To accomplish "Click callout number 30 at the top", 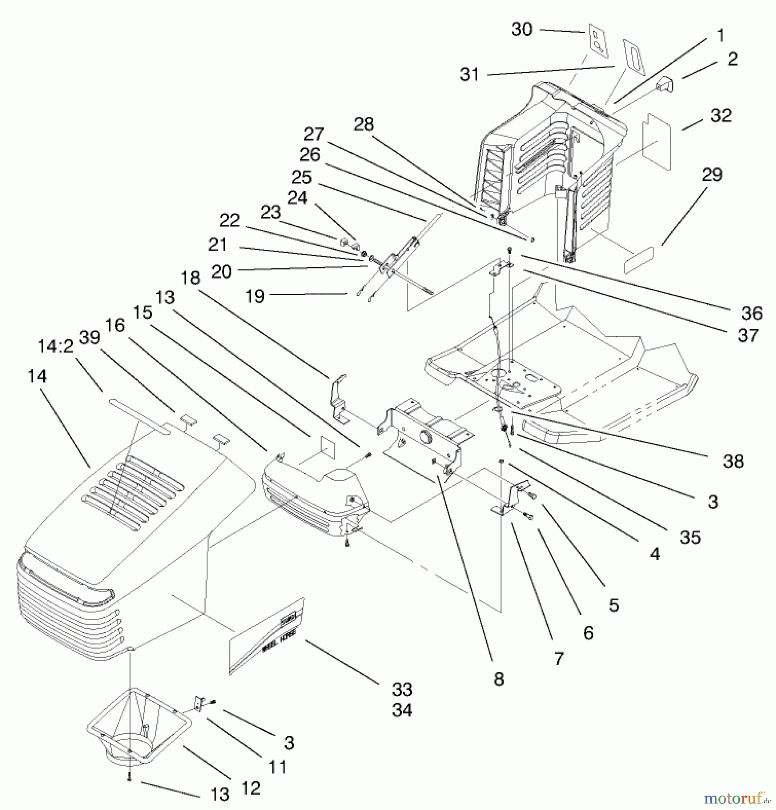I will tap(522, 30).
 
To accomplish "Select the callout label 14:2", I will tap(55, 346).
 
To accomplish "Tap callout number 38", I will tap(733, 461).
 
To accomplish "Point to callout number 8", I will tap(498, 679).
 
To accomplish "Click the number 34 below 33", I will tap(402, 710).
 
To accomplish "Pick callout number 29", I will tap(712, 175).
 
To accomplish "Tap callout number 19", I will tap(255, 296).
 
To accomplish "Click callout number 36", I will tap(752, 313).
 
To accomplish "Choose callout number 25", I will tap(301, 177).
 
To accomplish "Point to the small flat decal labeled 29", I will tap(638, 260).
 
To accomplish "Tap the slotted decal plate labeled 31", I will tap(634, 57).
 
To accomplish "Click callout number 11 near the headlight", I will tap(277, 767).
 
